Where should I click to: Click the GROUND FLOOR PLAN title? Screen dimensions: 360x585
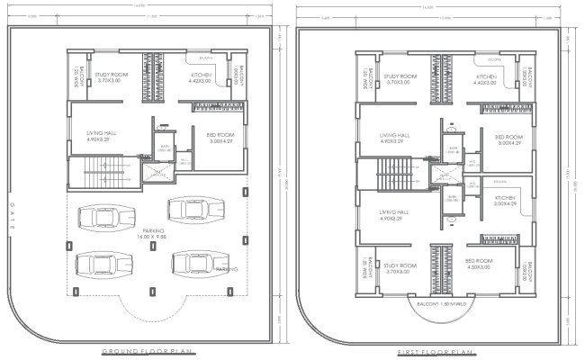(148, 349)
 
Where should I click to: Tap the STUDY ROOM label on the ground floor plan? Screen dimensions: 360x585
(112, 78)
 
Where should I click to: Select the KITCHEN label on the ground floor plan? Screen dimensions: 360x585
(201, 78)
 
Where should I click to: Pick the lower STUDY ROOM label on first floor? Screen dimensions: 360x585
(398, 269)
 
